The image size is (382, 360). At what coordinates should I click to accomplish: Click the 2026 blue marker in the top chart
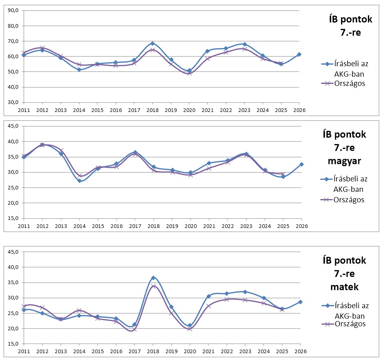(x=299, y=54)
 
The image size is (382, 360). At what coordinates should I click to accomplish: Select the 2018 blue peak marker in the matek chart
(x=153, y=278)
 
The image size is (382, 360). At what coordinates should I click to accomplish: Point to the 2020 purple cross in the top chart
(x=190, y=73)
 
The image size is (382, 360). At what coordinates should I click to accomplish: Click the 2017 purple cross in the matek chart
(x=135, y=329)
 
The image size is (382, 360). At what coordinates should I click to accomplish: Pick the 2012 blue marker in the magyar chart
(x=42, y=145)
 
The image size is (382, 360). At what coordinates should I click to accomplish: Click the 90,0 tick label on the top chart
(x=13, y=10)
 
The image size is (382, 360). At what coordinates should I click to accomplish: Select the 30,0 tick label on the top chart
(x=13, y=102)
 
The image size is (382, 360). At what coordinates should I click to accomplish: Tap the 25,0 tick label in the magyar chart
(x=13, y=188)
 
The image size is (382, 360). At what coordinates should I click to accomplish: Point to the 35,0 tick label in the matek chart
(x=13, y=283)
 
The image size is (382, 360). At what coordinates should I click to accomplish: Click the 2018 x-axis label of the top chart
(x=153, y=109)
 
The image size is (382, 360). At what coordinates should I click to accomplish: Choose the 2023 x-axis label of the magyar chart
(x=246, y=226)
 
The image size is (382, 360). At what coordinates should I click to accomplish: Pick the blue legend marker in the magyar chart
(x=327, y=179)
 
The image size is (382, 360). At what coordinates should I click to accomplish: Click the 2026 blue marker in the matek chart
(x=300, y=302)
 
